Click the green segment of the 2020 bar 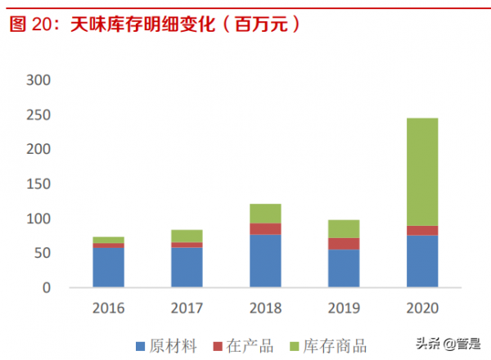click(x=421, y=172)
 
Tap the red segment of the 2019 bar click(x=343, y=244)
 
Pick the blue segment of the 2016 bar click(x=108, y=268)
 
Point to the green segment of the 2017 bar click(x=187, y=236)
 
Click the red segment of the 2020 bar click(x=421, y=230)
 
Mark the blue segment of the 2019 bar click(x=343, y=268)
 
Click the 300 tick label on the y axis click(x=38, y=80)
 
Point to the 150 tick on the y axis click(x=38, y=184)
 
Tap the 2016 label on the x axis click(x=108, y=308)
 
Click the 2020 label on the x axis click(x=421, y=308)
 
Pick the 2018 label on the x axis click(x=265, y=308)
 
